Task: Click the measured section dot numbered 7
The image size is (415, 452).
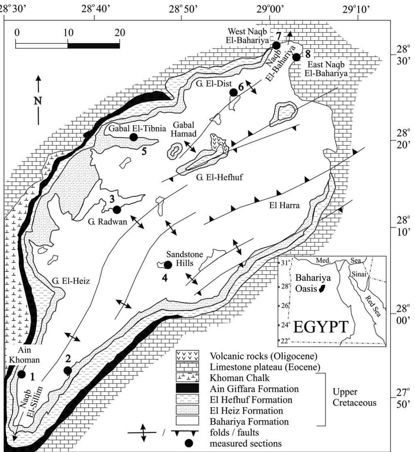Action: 276,45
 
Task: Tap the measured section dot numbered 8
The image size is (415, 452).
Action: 296,57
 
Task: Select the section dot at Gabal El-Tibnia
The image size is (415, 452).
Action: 134,137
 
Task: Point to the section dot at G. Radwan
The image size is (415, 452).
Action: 117,209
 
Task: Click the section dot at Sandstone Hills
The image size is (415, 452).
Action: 168,265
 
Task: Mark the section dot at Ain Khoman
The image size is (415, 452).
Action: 21,374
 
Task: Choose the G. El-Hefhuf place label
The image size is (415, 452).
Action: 219,177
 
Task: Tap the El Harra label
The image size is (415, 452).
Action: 284,205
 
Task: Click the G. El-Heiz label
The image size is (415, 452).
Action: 71,281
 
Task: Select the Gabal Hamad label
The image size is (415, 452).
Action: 184,129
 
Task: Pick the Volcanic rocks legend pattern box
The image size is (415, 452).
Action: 187,356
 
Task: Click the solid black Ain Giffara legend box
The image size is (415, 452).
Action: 187,388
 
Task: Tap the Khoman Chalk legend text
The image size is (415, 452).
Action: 239,378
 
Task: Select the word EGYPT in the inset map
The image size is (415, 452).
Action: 321,327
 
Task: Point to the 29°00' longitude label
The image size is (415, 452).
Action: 270,10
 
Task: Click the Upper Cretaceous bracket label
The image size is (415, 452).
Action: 354,397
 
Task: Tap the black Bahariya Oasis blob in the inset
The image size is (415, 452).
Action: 322,289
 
